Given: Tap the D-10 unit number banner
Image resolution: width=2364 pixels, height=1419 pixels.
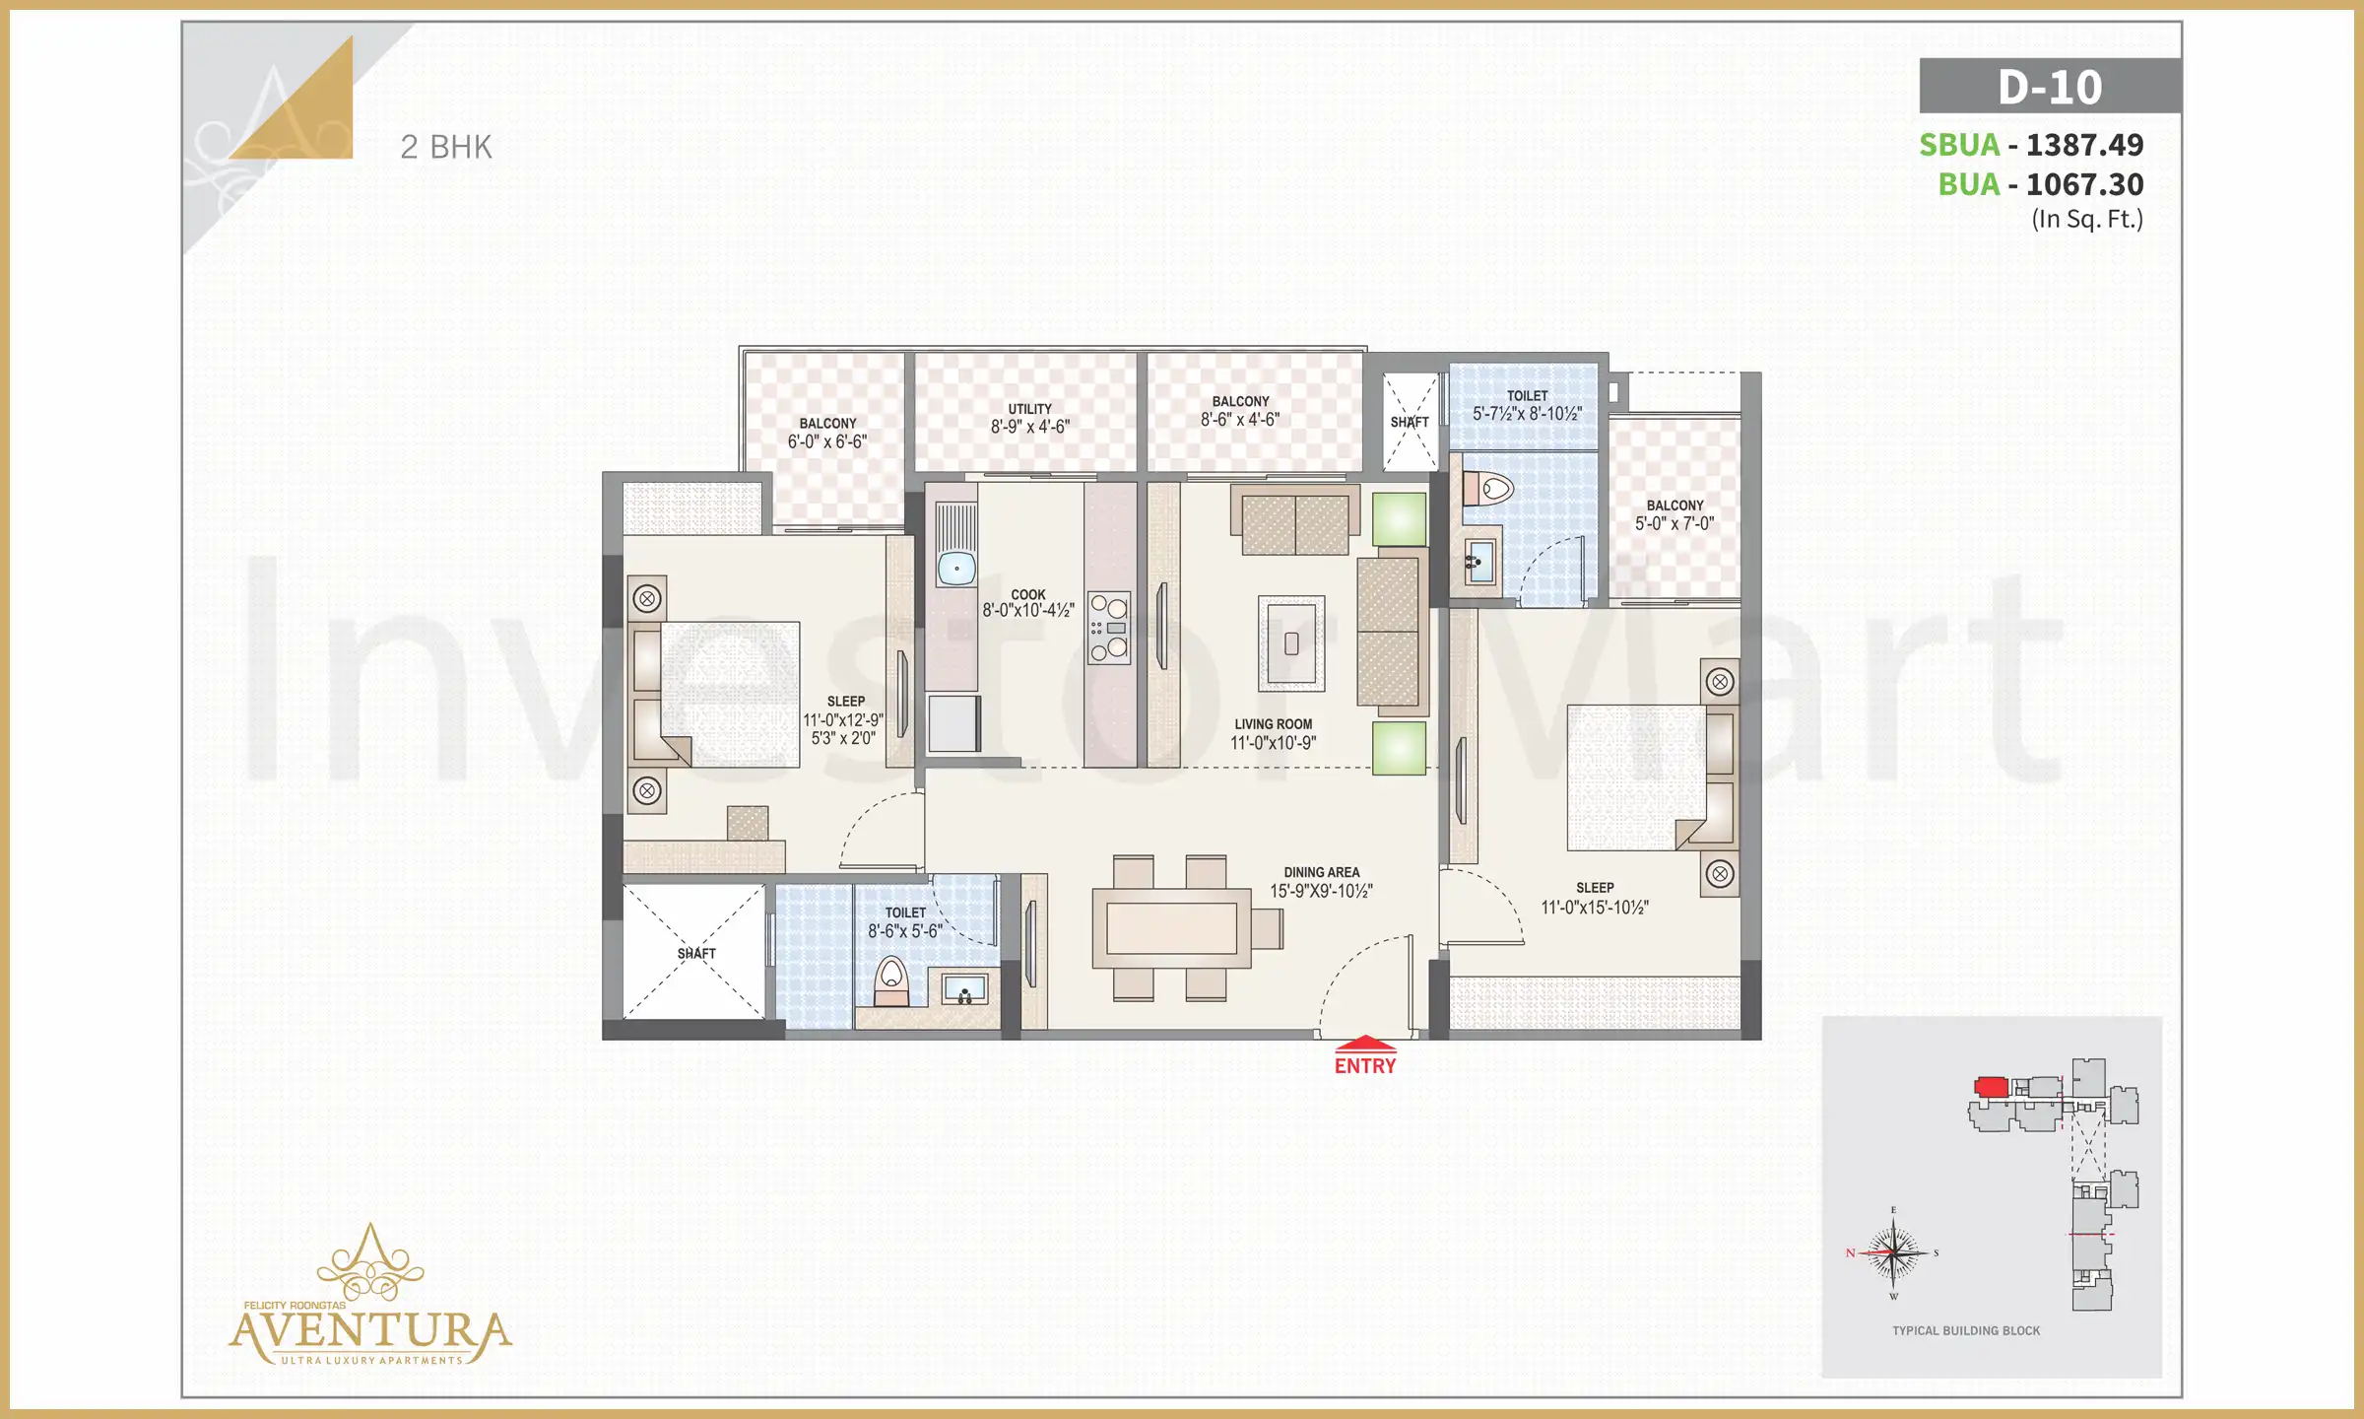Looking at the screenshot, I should (x=2050, y=87).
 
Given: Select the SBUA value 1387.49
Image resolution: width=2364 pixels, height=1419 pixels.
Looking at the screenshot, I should (x=2084, y=145).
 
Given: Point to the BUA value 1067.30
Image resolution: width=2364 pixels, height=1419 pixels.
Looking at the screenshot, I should (x=2084, y=184).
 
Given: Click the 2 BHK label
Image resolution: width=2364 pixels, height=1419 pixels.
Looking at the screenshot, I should (x=445, y=147).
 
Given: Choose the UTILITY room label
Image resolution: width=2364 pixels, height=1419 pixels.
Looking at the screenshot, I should (x=1029, y=409).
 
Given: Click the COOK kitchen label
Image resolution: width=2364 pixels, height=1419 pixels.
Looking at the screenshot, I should (x=1027, y=595).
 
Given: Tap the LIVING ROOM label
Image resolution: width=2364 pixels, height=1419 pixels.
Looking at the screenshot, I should (x=1273, y=724).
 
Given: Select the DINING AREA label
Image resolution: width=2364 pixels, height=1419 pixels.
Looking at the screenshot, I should (x=1321, y=872).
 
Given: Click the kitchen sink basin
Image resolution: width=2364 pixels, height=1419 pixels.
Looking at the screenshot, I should (x=955, y=569).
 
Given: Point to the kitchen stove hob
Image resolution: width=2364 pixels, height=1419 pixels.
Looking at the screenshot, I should (x=1109, y=629).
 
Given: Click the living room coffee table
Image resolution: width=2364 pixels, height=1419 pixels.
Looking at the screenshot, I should (x=1291, y=643).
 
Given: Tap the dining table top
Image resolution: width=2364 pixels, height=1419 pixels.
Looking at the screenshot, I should (x=1171, y=927).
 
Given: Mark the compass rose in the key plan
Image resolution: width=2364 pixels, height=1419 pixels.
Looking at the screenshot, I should (x=1893, y=1253).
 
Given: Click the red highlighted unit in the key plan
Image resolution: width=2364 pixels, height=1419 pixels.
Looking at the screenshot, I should (x=1991, y=1087).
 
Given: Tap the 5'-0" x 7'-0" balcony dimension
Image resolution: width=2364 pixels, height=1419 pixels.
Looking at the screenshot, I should (x=1674, y=524).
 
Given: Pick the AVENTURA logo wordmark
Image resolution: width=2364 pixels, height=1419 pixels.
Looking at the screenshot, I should (x=370, y=1332).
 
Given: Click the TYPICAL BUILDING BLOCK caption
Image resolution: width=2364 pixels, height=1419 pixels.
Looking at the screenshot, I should (x=1966, y=1330).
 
